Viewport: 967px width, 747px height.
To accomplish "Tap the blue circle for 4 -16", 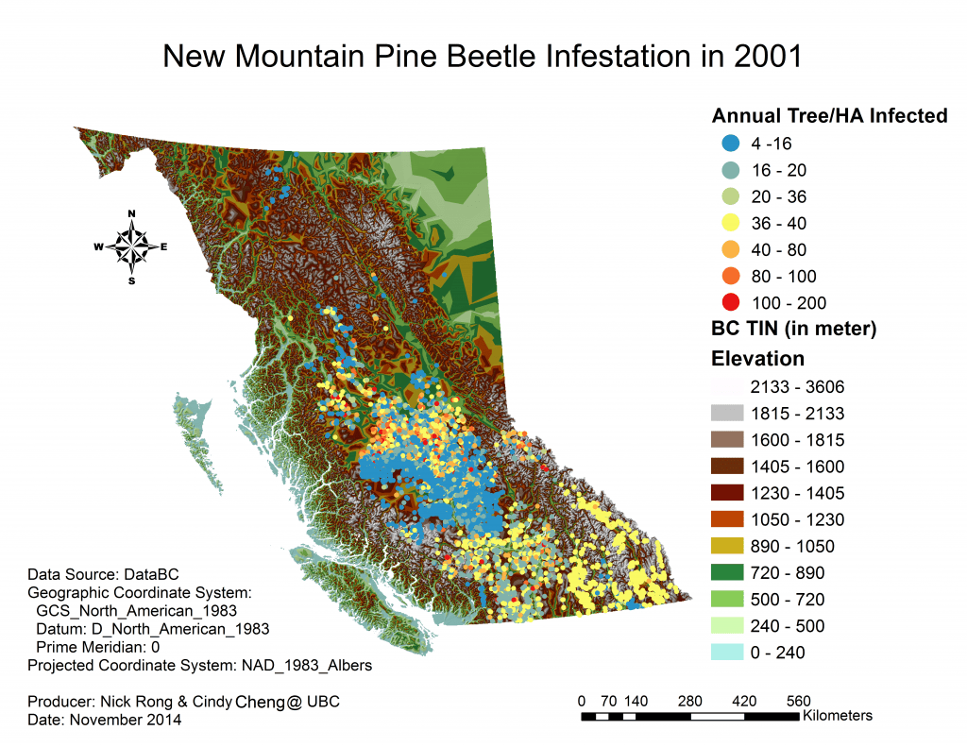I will coord(729,144).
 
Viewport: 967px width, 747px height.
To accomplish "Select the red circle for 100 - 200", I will coord(729,303).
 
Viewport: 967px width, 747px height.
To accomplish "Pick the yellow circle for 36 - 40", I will coord(729,224).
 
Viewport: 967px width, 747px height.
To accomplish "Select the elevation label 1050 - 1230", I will coord(797,519).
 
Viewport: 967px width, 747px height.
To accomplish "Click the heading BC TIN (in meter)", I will coord(794,330).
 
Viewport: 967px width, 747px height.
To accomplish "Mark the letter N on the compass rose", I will coord(132,213).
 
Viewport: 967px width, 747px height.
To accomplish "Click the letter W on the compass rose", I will coord(98,247).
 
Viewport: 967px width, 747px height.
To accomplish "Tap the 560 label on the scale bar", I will coord(799,701).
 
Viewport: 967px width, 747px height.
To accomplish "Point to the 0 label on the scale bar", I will coord(582,701).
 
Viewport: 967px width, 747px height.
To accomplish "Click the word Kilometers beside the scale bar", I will coord(838,716).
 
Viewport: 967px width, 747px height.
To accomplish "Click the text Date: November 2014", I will coord(105,720).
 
